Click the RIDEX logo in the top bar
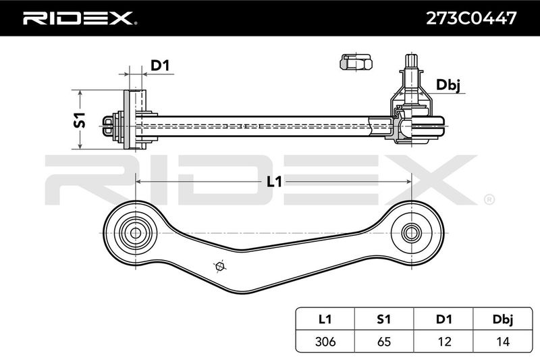[x=79, y=18]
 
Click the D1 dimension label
[x=160, y=66]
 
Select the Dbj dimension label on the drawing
[x=448, y=85]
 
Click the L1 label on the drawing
[x=274, y=180]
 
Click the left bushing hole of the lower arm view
[x=134, y=233]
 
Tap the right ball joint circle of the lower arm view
[x=410, y=233]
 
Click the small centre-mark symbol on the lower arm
[x=219, y=266]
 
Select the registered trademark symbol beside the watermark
[x=489, y=199]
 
